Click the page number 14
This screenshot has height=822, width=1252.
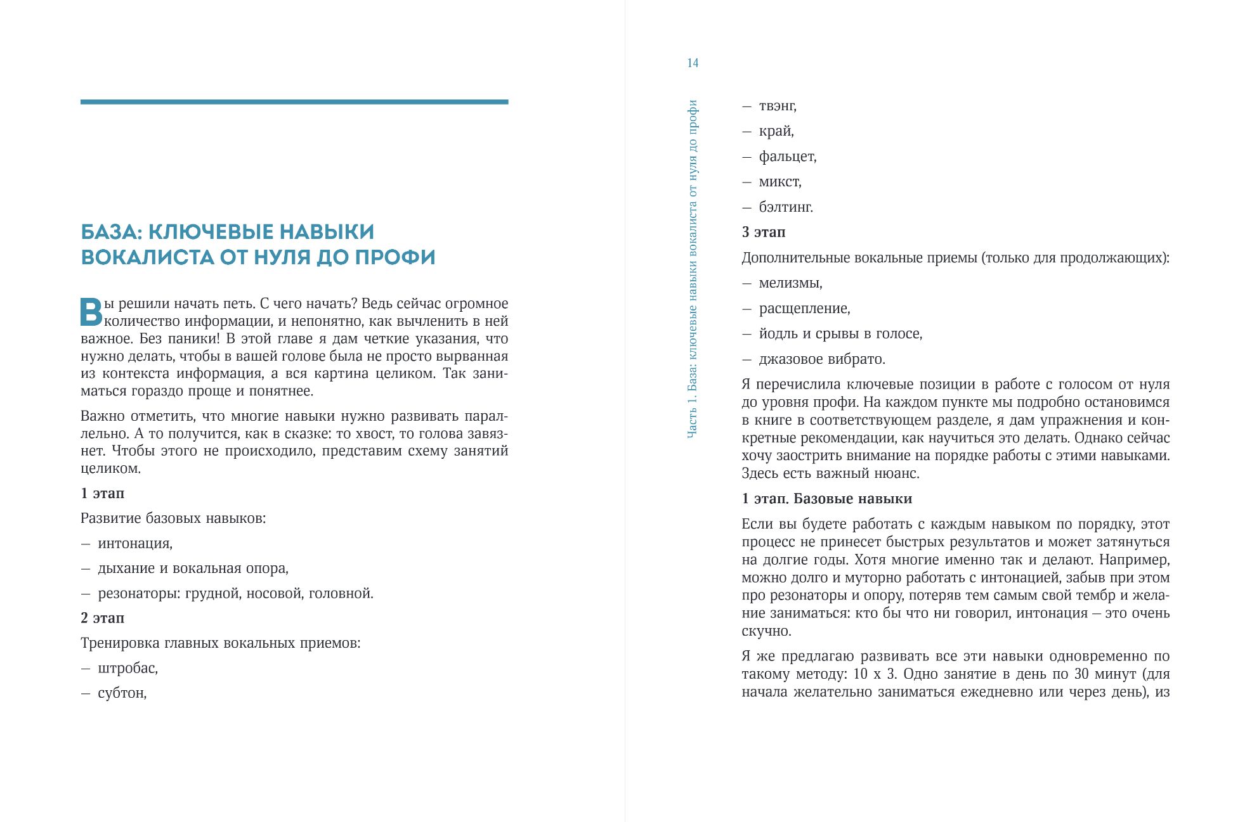pos(693,63)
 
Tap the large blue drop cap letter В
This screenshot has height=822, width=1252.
pos(91,312)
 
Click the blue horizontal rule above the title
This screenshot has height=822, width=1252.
pos(294,102)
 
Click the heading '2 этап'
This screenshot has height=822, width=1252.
pos(103,618)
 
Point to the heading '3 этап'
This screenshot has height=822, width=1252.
pos(764,232)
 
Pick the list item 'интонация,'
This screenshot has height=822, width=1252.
pos(135,543)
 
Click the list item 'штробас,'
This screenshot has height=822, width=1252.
pos(127,668)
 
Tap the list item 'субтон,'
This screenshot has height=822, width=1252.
pos(122,693)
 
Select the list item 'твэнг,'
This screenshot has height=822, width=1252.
pos(778,106)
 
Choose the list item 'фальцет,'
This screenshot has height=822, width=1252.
pos(788,157)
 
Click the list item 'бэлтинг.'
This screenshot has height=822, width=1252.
pos(786,207)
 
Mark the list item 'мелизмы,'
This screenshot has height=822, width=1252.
pos(790,283)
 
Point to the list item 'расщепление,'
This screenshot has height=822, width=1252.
pos(804,309)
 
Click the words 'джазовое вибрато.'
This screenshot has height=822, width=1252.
pos(822,359)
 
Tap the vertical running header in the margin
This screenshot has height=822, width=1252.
pos(693,269)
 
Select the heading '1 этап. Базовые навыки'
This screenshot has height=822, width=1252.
pos(827,499)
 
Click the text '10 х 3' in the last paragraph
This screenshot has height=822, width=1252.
pos(875,674)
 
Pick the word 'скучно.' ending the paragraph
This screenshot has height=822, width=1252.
pos(766,631)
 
